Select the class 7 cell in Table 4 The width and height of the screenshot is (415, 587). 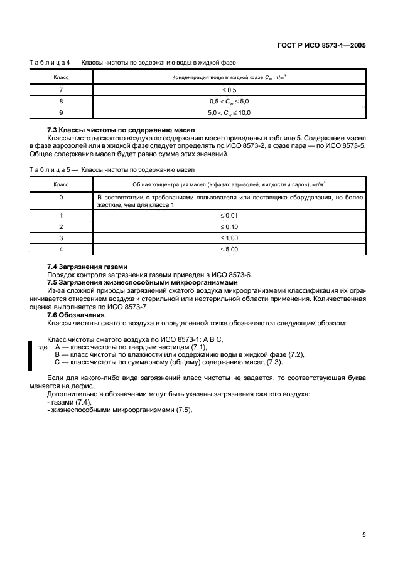tap(61, 90)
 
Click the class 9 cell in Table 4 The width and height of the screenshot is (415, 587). tap(61, 112)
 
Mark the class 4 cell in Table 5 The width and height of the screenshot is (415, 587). tap(61, 249)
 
